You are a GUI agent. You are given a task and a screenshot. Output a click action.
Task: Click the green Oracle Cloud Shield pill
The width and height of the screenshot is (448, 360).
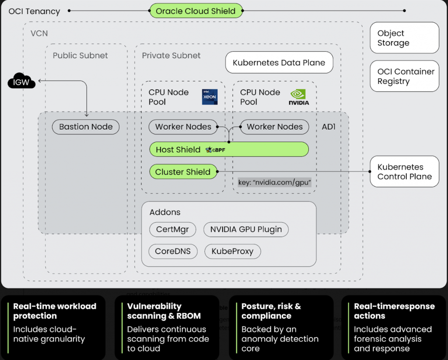196,11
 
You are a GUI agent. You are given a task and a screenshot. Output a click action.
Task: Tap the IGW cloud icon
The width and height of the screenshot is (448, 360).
21,81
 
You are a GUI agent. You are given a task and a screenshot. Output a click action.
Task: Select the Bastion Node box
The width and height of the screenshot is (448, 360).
86,127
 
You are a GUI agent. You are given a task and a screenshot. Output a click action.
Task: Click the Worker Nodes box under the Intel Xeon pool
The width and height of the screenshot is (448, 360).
183,127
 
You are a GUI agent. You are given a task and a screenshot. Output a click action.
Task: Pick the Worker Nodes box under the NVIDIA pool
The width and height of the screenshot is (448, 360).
274,127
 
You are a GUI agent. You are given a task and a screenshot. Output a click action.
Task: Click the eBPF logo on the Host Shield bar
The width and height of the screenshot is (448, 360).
215,150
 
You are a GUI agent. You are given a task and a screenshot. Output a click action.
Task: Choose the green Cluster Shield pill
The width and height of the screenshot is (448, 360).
183,172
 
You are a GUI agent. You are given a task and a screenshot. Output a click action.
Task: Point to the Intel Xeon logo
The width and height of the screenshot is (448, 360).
210,97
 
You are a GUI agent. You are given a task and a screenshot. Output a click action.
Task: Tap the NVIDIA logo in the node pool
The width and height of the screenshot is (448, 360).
299,97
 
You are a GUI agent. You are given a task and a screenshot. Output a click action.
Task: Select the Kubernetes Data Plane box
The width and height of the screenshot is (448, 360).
279,63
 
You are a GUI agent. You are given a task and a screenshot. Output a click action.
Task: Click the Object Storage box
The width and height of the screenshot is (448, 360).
405,38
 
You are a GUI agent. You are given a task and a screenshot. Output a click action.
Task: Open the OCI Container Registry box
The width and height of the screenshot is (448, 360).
405,76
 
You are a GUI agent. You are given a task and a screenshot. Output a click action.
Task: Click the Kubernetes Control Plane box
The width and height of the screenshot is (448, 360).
405,172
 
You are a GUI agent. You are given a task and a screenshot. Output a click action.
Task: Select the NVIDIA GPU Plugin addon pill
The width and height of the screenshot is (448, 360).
246,229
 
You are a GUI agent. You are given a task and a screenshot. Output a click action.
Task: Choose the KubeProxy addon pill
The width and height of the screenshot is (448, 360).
232,252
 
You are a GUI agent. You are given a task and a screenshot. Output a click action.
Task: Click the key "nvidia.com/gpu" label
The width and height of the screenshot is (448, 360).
274,182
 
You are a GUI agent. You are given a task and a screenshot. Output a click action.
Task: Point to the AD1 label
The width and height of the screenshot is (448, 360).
329,127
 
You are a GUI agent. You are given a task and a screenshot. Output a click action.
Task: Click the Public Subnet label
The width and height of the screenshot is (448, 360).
80,56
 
